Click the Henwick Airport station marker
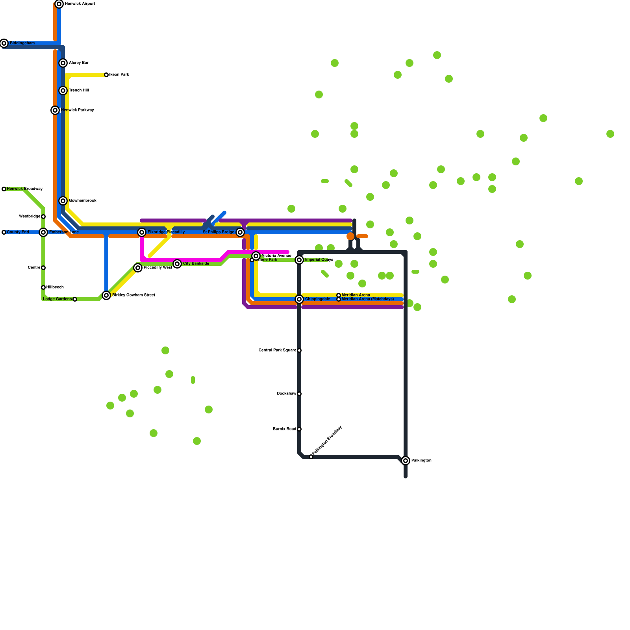point(59,4)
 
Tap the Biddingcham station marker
point(4,43)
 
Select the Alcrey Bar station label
point(79,63)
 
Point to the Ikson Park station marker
point(106,75)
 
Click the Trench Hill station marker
point(63,91)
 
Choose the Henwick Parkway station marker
point(55,110)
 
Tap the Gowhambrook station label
point(83,201)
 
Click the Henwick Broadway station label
point(25,189)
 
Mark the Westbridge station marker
point(43,217)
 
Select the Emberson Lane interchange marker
point(43,232)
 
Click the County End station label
point(18,232)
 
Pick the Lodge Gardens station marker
point(75,299)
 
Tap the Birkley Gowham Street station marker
point(106,295)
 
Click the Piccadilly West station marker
point(138,268)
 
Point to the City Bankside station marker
point(177,264)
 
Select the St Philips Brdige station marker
point(240,232)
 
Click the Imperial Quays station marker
point(299,260)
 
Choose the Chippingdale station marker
point(299,299)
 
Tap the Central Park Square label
point(277,350)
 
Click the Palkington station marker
point(406,461)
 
